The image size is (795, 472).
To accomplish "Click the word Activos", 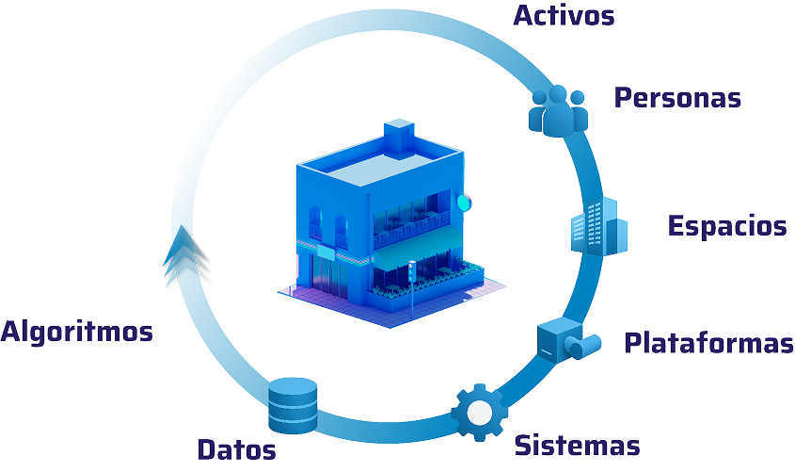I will tap(564, 16).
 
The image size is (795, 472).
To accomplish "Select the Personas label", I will tap(677, 97).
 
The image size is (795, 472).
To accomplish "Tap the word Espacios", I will tap(726, 226).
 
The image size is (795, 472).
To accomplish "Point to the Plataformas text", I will tap(708, 343).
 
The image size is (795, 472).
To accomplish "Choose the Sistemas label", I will tap(578, 445).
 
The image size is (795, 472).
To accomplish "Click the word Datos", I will tap(236, 449).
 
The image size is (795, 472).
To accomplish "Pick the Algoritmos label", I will tap(77, 332).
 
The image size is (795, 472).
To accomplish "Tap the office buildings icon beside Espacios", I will tap(598, 226).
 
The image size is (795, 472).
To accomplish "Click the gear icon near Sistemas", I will tap(479, 412).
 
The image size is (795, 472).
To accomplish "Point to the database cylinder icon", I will tap(293, 404).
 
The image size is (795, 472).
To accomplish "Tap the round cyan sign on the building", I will tap(462, 201).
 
